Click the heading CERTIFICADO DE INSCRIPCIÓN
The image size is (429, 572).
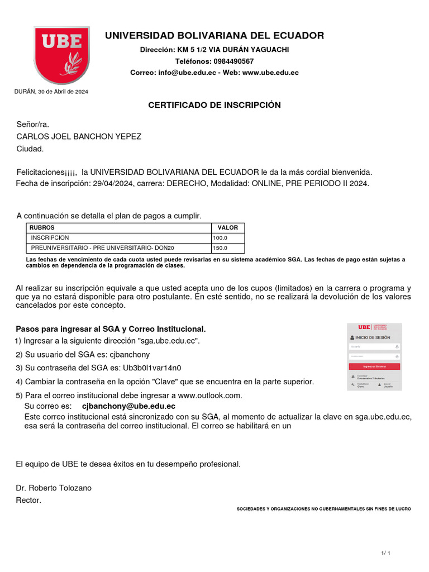214,105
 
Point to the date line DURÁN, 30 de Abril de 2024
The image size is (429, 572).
51,91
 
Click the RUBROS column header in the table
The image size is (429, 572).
42,228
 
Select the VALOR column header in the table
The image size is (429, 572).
227,228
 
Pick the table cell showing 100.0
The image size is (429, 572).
220,238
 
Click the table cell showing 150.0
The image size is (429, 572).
220,248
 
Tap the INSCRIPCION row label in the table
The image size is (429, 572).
50,238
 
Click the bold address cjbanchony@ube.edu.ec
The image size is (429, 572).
128,406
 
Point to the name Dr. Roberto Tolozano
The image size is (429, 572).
54,488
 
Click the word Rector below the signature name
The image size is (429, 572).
28,500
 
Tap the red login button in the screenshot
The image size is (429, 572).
374,366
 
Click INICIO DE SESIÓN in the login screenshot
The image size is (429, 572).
373,338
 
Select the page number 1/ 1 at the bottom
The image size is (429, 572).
385,553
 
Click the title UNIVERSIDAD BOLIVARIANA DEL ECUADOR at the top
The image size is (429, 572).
214,36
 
